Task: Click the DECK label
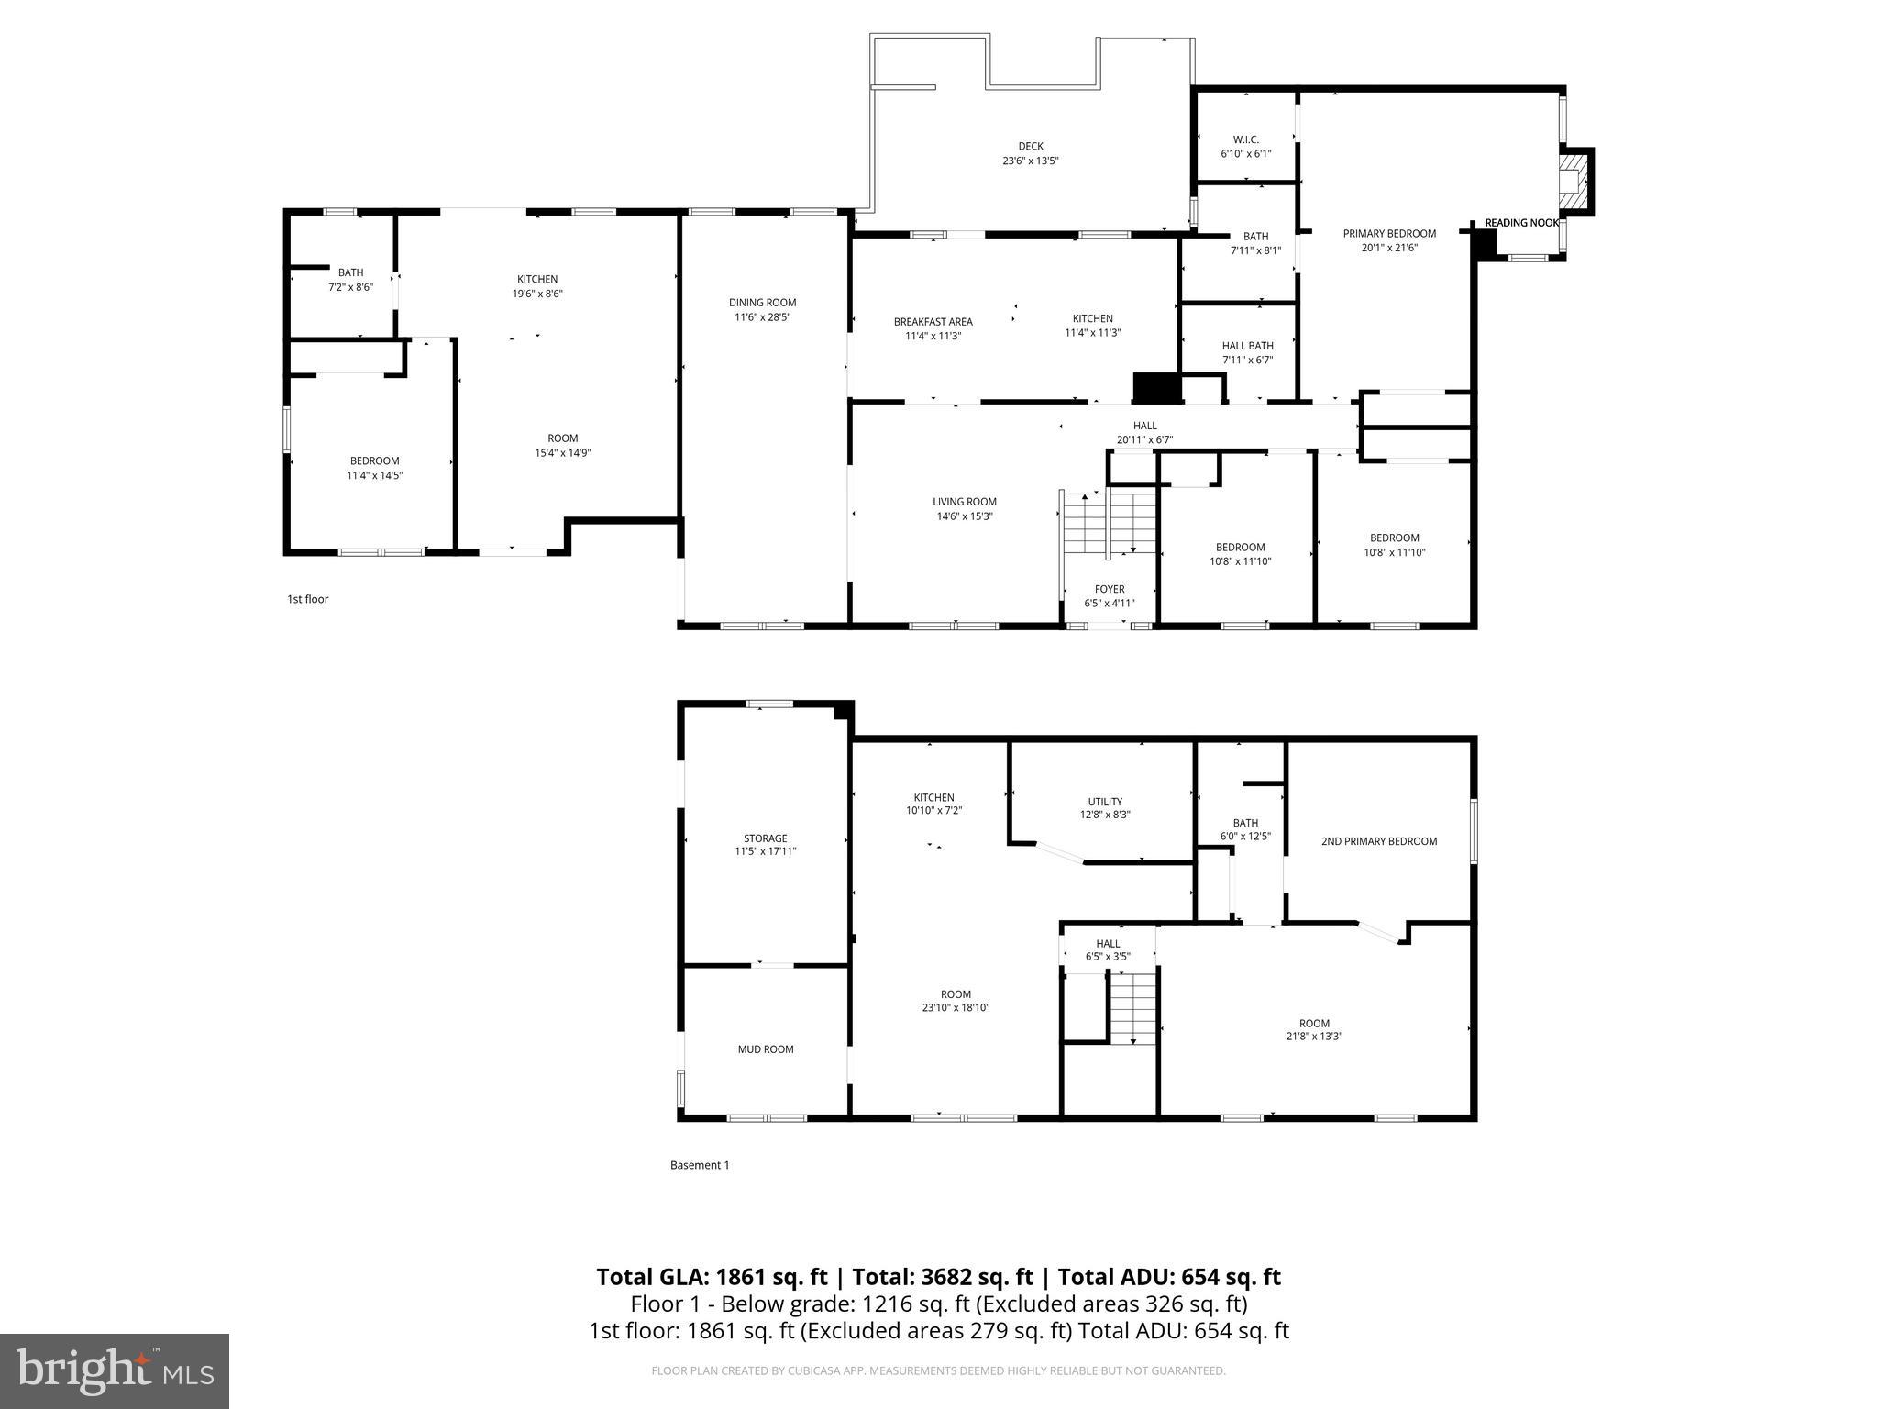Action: pyautogui.click(x=1031, y=146)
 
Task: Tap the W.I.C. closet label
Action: pyautogui.click(x=1245, y=139)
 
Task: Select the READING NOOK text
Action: pyautogui.click(x=1521, y=223)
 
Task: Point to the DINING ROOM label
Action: pyautogui.click(x=762, y=303)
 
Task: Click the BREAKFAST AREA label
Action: pyautogui.click(x=933, y=322)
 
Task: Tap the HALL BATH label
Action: pyautogui.click(x=1247, y=346)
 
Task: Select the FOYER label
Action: pyautogui.click(x=1109, y=589)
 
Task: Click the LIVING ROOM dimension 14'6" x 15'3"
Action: pyautogui.click(x=965, y=516)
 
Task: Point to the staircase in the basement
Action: pyautogui.click(x=1133, y=1007)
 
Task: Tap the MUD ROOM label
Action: pyautogui.click(x=766, y=1049)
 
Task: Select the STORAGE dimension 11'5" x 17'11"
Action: pyautogui.click(x=766, y=851)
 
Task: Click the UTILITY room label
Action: pyautogui.click(x=1105, y=802)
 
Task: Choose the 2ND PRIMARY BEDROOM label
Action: pyautogui.click(x=1378, y=841)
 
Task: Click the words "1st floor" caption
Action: pyautogui.click(x=307, y=599)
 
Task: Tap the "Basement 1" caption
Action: pyautogui.click(x=700, y=1165)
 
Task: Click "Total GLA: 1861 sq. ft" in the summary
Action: pyautogui.click(x=712, y=1277)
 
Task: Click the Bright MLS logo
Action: pyautogui.click(x=115, y=1370)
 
